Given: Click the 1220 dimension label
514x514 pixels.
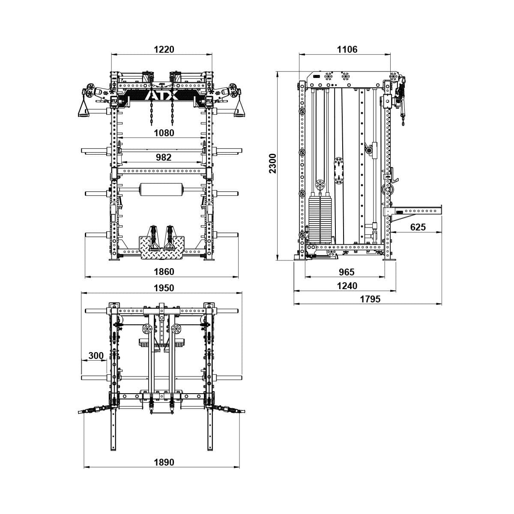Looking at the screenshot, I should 164,49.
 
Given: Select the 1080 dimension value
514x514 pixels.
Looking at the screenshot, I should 164,133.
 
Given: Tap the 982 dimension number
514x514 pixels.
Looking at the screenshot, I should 163,157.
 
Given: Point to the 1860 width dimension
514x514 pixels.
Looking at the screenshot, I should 164,272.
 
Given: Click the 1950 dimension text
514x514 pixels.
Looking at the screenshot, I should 164,288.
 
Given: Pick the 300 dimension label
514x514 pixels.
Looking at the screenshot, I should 96,356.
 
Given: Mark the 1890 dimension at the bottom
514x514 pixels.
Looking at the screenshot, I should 164,462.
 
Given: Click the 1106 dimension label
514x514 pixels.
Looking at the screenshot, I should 347,49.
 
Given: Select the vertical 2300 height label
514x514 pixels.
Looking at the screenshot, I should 273,163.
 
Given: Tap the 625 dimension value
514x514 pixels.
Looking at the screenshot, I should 418,227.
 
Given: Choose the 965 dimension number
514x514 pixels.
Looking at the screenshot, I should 347,272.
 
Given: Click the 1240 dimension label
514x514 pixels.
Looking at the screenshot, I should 347,286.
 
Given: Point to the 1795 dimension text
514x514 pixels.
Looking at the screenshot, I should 370,299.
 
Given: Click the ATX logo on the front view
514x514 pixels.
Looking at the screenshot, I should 162,95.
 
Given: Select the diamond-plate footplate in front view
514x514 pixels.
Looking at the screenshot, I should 162,248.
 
